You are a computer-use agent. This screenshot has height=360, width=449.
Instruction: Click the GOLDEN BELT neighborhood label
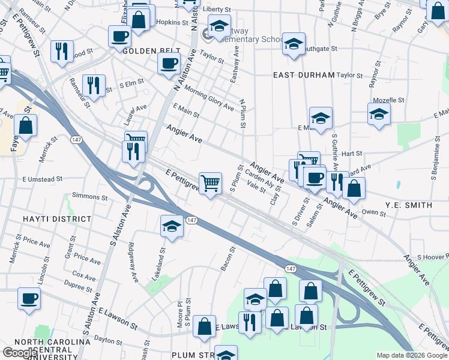coord(148,51)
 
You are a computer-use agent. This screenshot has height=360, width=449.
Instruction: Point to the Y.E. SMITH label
coord(409,205)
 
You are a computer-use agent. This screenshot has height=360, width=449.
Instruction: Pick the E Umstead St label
coord(42,179)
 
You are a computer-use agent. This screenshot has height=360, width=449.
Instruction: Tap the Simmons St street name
coord(89,196)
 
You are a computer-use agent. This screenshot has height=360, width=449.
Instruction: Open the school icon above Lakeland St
coord(172,226)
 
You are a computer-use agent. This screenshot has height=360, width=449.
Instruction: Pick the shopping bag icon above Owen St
coord(354,188)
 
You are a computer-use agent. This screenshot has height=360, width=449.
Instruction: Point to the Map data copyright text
coord(412,355)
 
